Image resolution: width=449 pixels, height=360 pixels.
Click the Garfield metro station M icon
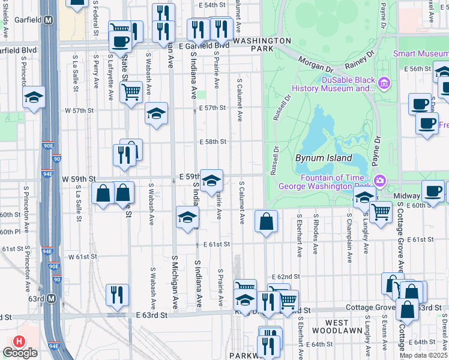click(x=49, y=20)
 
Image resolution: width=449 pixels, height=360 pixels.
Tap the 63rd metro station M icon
click(x=52, y=298)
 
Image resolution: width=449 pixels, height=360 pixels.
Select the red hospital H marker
click(x=19, y=341)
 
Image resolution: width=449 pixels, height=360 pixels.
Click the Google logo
click(x=20, y=353)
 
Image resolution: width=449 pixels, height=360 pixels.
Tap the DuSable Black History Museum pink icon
click(x=382, y=82)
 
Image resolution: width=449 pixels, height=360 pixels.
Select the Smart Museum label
click(x=420, y=53)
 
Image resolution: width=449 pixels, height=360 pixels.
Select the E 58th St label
click(x=213, y=142)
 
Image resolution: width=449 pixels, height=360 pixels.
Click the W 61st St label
click(x=83, y=257)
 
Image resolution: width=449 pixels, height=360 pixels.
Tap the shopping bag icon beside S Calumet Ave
click(x=266, y=221)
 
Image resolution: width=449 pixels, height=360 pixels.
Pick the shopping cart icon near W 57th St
click(x=131, y=92)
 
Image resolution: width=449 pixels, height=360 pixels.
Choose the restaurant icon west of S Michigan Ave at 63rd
click(x=117, y=294)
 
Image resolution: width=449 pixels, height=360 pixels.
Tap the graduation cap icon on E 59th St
click(x=211, y=180)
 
